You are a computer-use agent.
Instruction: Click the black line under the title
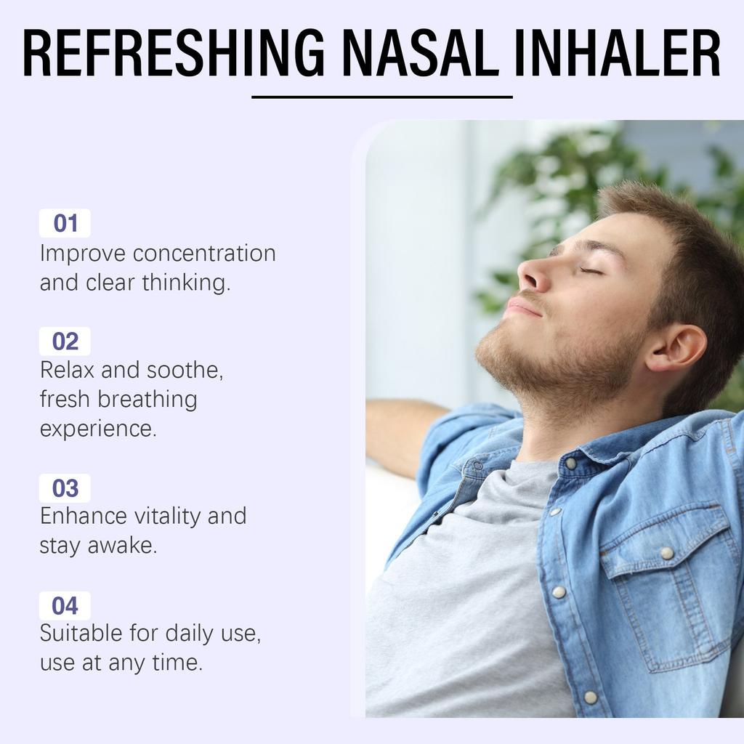[x=381, y=97]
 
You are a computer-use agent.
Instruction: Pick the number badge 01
[x=65, y=223]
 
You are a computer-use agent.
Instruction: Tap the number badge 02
[x=65, y=341]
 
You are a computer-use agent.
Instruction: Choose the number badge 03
[x=65, y=488]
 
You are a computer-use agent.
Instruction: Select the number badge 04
[x=65, y=605]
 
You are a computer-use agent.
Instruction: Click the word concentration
[x=204, y=254]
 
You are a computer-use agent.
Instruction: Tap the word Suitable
[x=81, y=633]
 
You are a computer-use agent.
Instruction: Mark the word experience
[x=97, y=429]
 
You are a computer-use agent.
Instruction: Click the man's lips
[x=522, y=305]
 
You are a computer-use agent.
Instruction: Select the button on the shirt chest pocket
[x=666, y=554]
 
